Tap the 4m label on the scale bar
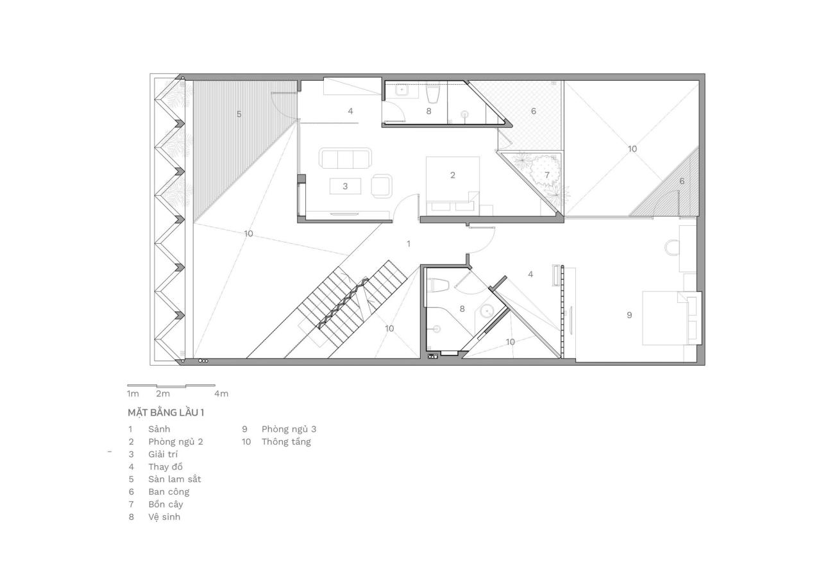tap(221, 393)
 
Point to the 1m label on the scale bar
tap(133, 393)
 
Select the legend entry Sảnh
tap(159, 429)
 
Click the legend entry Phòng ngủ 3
tap(289, 429)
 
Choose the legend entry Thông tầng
tap(285, 441)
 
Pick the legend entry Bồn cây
tap(165, 504)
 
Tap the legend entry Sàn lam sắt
tap(174, 479)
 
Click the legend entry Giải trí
tap(163, 454)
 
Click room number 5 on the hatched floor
tap(239, 114)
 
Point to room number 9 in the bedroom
tap(629, 315)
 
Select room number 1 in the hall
tap(409, 243)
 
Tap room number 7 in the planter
tap(547, 175)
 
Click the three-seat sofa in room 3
tap(345, 158)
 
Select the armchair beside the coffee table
tap(382, 185)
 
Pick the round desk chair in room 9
tap(672, 247)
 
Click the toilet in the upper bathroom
tap(433, 94)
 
